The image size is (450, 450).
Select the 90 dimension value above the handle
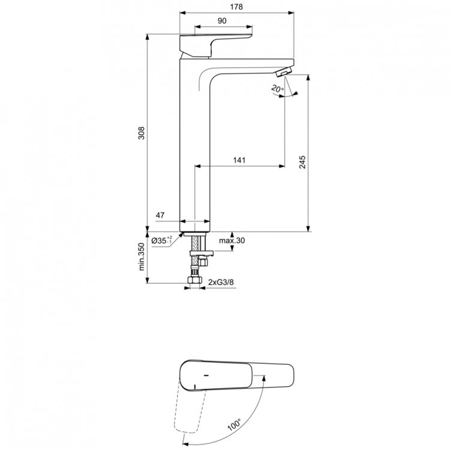click(x=221, y=21)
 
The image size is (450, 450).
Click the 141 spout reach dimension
click(x=239, y=160)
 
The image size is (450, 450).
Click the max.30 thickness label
click(x=232, y=241)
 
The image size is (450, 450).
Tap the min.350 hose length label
click(x=142, y=257)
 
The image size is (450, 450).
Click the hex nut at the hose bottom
click(x=195, y=281)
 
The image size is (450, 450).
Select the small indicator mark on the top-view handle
click(x=206, y=377)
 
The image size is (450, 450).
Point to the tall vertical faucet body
click(x=194, y=144)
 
